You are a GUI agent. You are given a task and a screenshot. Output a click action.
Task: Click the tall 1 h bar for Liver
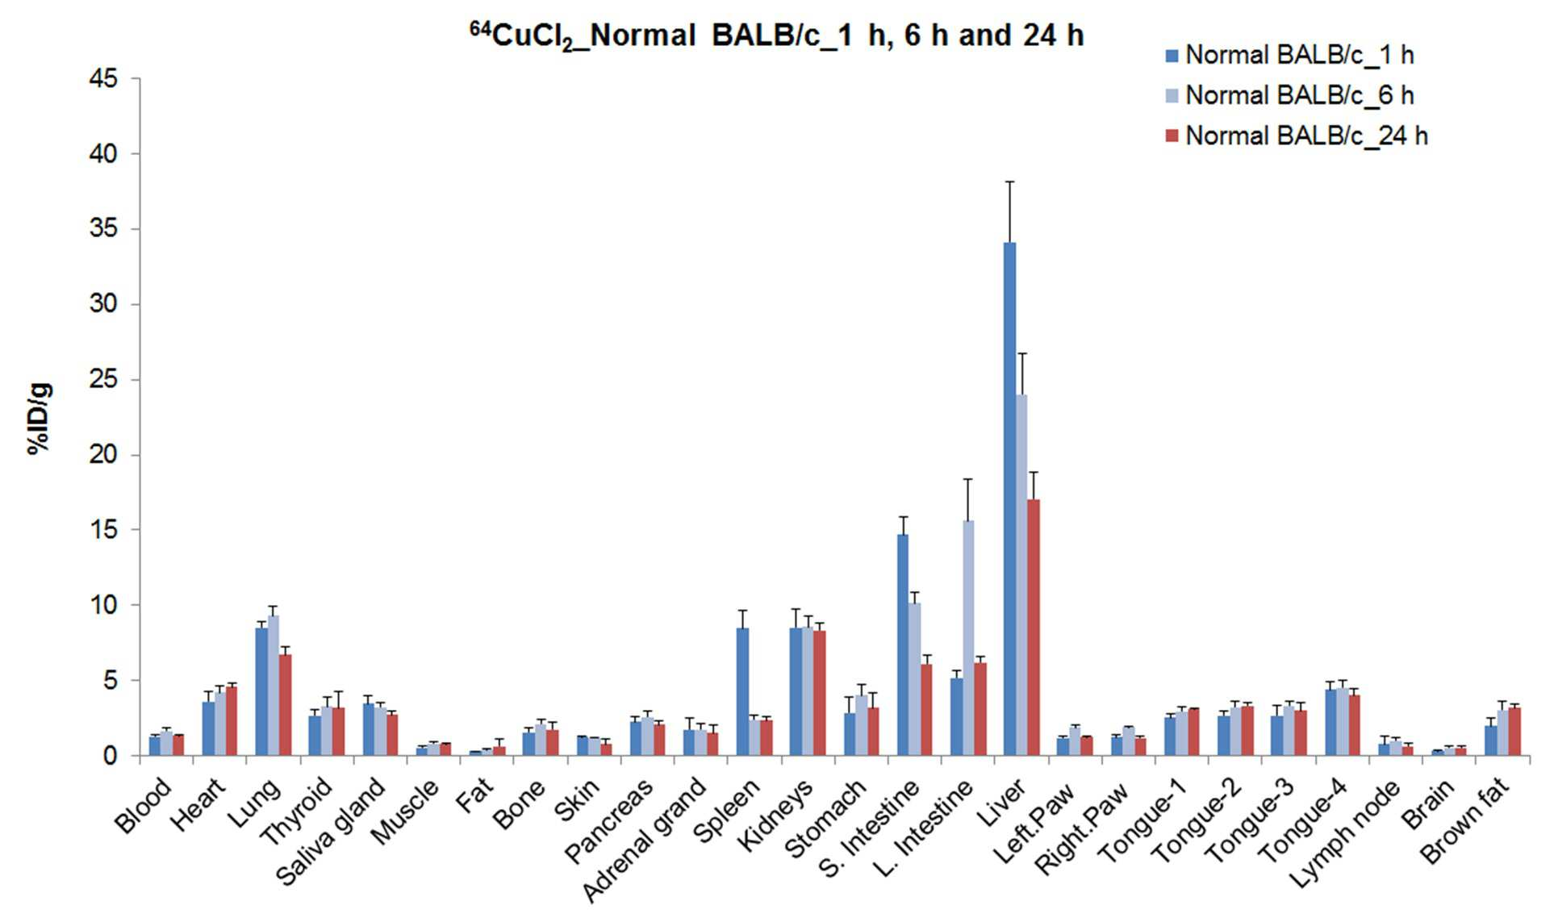coord(1009,499)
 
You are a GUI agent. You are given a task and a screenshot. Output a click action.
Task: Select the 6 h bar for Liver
coord(1021,575)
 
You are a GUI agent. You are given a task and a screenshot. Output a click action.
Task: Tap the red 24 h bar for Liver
coord(1034,628)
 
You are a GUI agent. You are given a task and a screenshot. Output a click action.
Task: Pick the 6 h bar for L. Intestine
coord(968,638)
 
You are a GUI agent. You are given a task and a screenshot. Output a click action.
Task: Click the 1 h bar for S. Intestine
coord(903,645)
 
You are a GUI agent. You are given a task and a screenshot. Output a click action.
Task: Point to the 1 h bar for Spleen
coord(742,692)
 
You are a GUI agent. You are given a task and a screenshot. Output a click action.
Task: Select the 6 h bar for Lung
coord(274,686)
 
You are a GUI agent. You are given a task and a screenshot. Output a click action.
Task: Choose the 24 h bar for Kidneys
coord(820,693)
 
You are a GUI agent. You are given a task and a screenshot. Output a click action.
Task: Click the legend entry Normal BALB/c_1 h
coord(1289,55)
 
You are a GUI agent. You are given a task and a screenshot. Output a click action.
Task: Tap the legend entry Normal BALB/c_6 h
coord(1289,95)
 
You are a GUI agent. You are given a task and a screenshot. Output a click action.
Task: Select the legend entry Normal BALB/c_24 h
coord(1297,136)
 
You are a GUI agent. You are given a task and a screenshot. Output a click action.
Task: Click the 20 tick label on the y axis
coord(104,455)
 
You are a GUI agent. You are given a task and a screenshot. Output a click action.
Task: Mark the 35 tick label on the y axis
coord(104,229)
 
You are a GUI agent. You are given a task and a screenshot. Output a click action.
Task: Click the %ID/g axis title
coord(40,418)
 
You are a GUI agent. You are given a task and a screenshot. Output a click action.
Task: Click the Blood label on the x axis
coord(144,804)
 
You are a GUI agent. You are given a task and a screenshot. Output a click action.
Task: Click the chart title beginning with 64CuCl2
coord(776,35)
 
